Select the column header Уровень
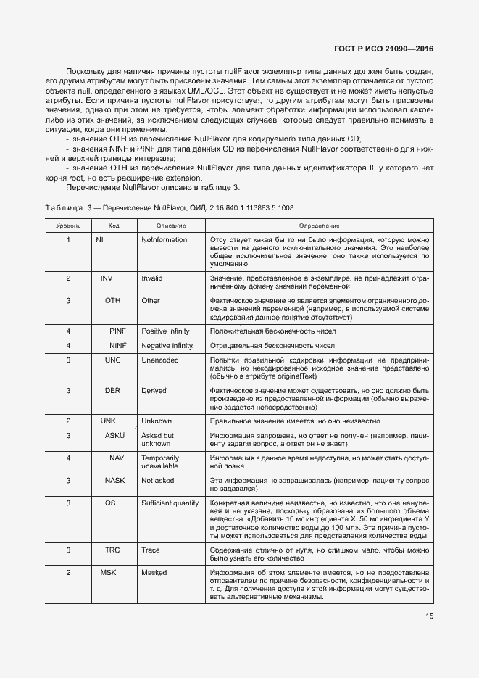[x=69, y=226]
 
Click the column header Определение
[x=318, y=226]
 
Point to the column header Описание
[x=170, y=226]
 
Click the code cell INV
[x=107, y=278]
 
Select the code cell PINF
[x=117, y=331]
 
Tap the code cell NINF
[x=117, y=346]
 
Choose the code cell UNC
[x=112, y=360]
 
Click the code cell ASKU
[x=114, y=435]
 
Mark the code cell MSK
[x=108, y=572]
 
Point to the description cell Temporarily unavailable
[x=161, y=463]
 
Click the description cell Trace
[x=151, y=550]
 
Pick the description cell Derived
[x=154, y=390]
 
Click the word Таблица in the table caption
[x=63, y=208]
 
